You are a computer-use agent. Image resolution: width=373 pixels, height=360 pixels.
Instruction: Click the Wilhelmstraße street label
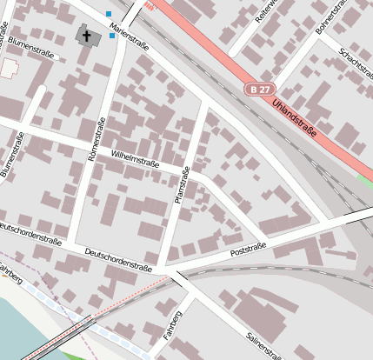[133, 157]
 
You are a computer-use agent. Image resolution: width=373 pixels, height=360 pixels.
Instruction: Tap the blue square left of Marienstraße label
[109, 14]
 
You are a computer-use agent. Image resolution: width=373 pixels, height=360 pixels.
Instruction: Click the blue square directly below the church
[112, 37]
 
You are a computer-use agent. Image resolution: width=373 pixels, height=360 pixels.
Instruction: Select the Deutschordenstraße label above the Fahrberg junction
[119, 258]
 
